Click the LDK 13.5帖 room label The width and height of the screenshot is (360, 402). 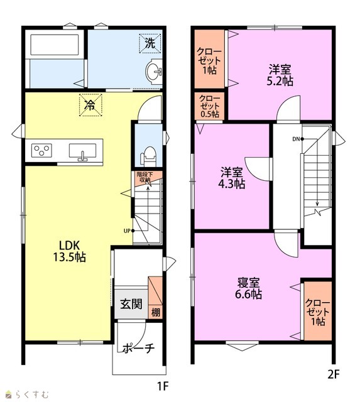[x=69, y=251]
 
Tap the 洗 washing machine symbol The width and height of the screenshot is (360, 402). [x=150, y=43]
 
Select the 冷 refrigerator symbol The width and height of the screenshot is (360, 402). [x=90, y=105]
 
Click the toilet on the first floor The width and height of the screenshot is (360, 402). [x=148, y=156]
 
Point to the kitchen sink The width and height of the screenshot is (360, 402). [x=82, y=152]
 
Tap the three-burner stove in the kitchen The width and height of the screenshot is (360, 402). [x=41, y=150]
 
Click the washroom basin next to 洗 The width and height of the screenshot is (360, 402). [x=154, y=71]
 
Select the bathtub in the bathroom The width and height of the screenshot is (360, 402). [x=55, y=45]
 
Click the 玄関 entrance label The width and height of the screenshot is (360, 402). [x=131, y=304]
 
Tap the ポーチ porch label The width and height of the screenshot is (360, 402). [x=139, y=349]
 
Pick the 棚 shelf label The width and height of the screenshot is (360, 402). [x=156, y=312]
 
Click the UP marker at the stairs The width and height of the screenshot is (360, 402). [x=129, y=231]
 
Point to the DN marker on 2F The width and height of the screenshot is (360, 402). [x=298, y=139]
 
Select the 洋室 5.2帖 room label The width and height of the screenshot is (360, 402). [x=280, y=75]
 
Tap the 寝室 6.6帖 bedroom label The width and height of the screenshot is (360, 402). [x=248, y=288]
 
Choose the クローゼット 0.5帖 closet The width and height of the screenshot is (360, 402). [x=209, y=106]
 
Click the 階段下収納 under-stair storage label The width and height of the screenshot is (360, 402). [x=145, y=177]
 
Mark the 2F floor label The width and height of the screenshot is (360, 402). [x=334, y=375]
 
